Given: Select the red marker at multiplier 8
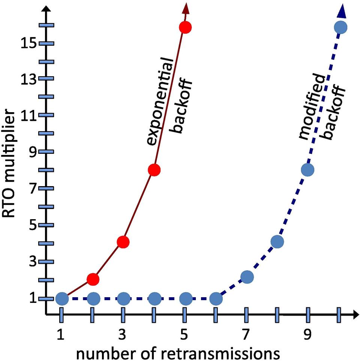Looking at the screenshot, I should (x=154, y=170).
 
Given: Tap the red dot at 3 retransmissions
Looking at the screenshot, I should (x=123, y=242).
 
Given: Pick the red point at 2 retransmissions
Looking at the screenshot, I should (x=93, y=279).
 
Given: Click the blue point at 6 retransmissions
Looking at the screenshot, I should (x=216, y=299).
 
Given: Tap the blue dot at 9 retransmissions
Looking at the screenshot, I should (x=307, y=170).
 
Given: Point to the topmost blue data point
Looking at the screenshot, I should (x=340, y=27).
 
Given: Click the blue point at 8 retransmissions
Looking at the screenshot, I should (x=277, y=242).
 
